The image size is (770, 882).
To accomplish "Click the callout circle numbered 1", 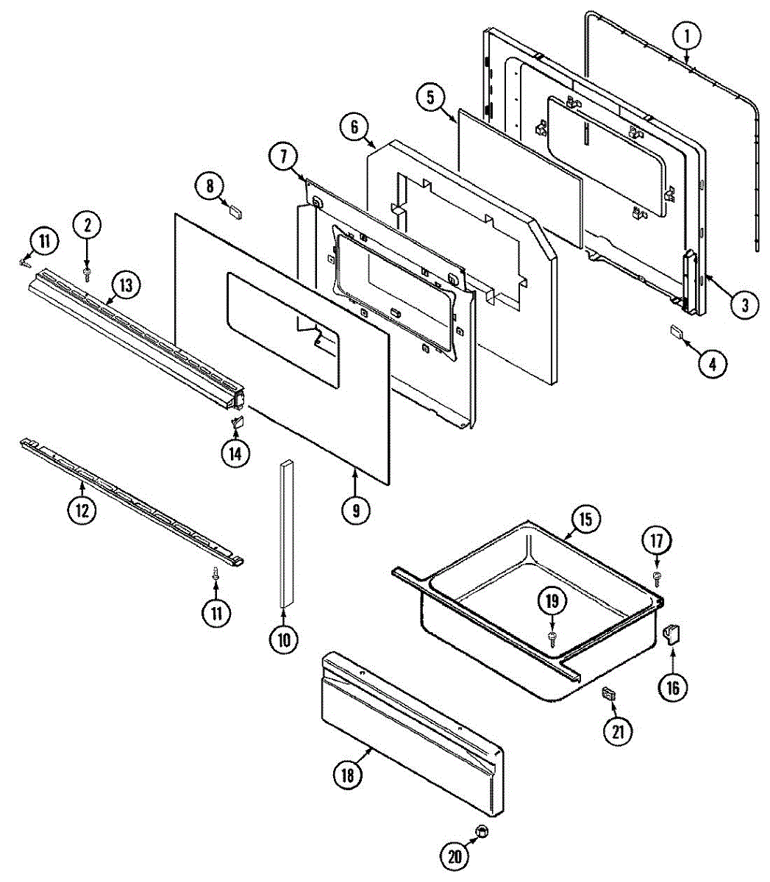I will click(x=686, y=35).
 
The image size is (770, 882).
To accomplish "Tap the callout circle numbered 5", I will click(x=431, y=97).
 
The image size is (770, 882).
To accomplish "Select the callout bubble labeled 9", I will click(x=356, y=509).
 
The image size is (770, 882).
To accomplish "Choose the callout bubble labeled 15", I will click(x=585, y=520).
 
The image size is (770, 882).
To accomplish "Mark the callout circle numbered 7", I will click(x=283, y=157).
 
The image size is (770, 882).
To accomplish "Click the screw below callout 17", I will click(x=657, y=576).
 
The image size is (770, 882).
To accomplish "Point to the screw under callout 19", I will click(x=552, y=634).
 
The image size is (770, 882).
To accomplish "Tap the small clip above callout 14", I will click(x=237, y=422).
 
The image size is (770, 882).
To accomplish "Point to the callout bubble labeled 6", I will click(x=354, y=126).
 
